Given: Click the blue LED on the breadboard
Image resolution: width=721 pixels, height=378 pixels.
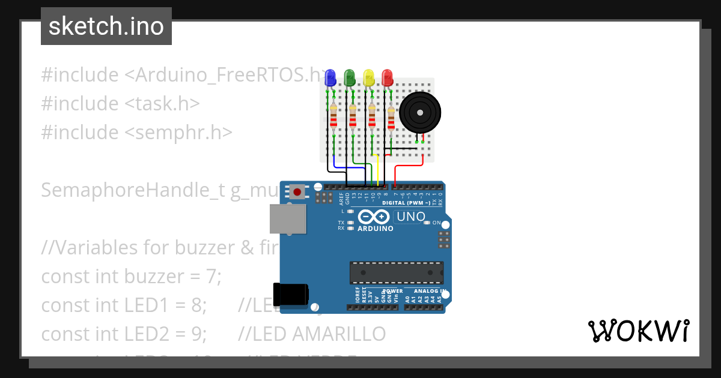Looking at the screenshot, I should (x=329, y=77).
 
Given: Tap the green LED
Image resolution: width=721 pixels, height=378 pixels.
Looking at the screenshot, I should (x=349, y=77).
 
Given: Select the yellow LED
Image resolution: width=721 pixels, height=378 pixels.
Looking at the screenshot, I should (x=368, y=77).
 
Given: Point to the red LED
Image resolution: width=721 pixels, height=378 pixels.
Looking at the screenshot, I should (x=388, y=77).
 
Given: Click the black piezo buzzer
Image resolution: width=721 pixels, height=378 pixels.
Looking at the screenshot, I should (x=421, y=112).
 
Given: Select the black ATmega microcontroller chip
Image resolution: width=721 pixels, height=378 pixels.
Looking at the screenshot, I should (x=397, y=272).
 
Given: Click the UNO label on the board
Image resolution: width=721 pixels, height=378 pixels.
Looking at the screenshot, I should (x=411, y=217).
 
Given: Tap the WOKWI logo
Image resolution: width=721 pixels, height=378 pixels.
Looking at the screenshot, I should (x=638, y=331).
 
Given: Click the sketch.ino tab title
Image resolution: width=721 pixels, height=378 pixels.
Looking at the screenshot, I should (x=106, y=26).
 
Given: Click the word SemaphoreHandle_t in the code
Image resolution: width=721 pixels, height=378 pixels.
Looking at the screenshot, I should (x=132, y=190).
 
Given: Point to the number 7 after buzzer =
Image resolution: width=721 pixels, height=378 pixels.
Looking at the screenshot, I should (x=218, y=277).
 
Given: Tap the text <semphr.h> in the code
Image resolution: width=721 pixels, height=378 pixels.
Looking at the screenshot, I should (x=178, y=133).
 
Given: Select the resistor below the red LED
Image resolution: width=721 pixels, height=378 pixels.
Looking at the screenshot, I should (x=391, y=118).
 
